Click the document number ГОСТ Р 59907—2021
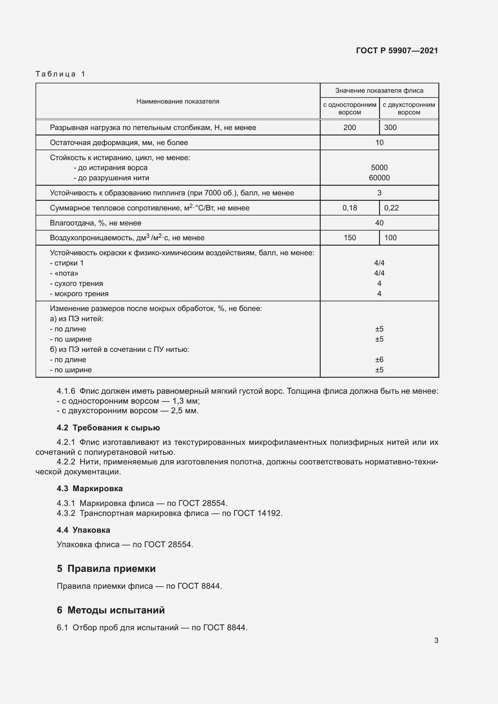[397, 51]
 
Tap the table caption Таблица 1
[61, 74]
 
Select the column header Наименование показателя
[178, 101]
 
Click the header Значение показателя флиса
[379, 91]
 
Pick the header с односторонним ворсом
[349, 109]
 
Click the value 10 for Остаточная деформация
[379, 143]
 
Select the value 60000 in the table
[379, 178]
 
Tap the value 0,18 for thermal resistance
[349, 208]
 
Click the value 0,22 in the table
[391, 208]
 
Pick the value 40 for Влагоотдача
[379, 223]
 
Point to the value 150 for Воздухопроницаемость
[349, 238]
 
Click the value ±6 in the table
[379, 359]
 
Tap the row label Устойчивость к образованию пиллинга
[172, 193]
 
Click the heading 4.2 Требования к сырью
[108, 428]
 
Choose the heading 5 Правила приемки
[106, 569]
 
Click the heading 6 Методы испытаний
[111, 610]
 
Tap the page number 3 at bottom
[436, 640]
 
